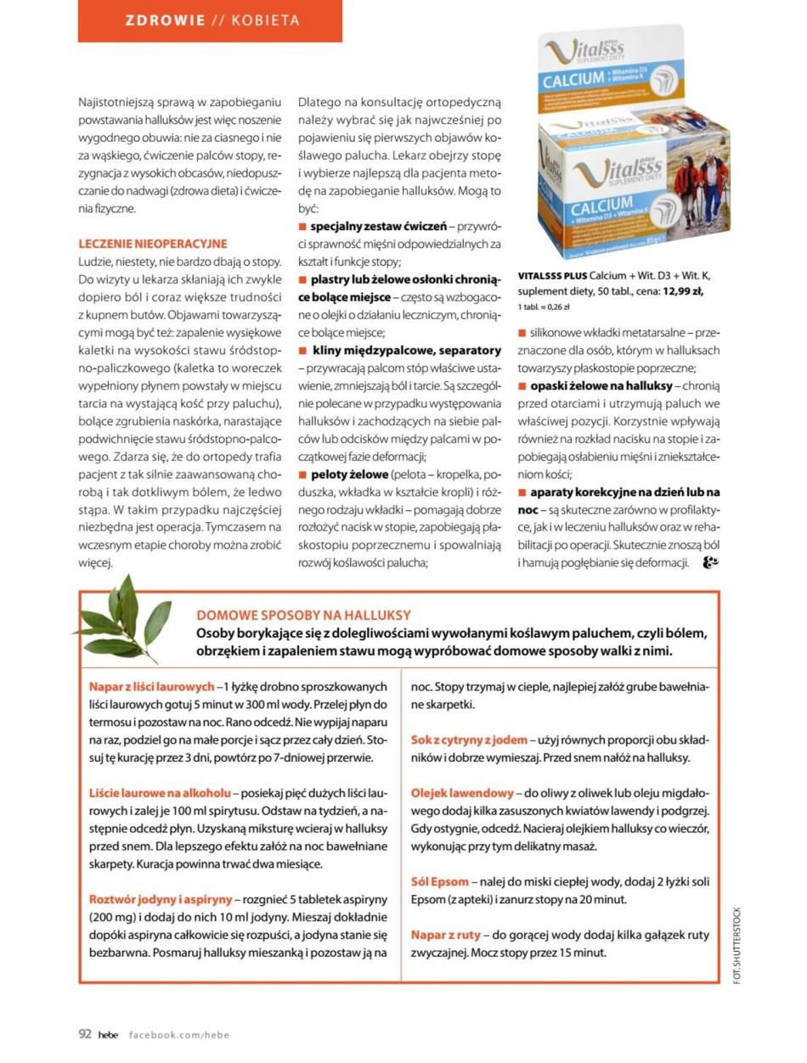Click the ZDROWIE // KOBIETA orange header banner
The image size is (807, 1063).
[x=210, y=21]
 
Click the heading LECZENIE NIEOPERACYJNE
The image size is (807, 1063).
[x=153, y=244]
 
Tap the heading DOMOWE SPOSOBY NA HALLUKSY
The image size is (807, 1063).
[x=303, y=615]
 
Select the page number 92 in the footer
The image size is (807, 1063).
[x=85, y=1033]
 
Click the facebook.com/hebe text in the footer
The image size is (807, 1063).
[x=179, y=1034]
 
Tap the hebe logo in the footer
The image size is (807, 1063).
[x=108, y=1034]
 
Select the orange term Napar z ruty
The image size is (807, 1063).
[x=446, y=935]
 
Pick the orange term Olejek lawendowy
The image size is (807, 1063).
[x=462, y=792]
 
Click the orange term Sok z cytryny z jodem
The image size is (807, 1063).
[x=469, y=740]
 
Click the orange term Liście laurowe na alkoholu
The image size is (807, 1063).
[x=160, y=792]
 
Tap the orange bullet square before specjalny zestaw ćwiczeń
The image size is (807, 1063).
[x=302, y=228]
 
